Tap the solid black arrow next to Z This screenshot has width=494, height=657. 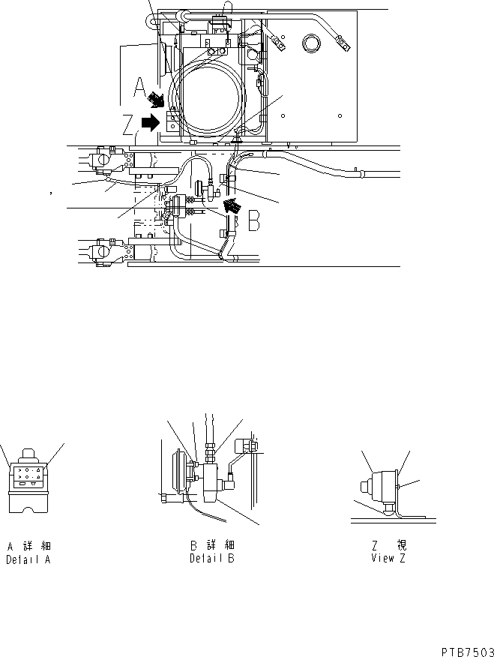click(151, 122)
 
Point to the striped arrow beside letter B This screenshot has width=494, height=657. click(235, 204)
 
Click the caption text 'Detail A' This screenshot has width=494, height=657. click(28, 559)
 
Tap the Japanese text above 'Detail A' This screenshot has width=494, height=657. click(28, 546)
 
